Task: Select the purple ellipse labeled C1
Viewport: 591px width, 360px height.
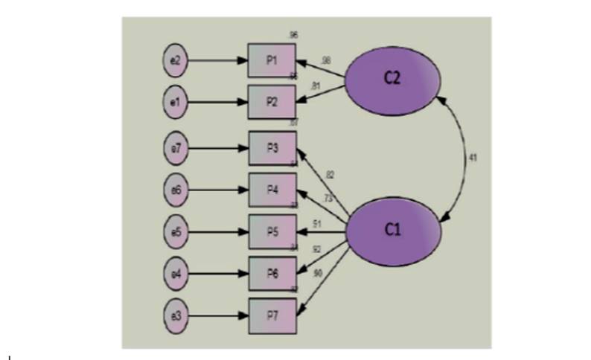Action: (394, 230)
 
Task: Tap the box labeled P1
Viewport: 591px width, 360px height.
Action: (272, 60)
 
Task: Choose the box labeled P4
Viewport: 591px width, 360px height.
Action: (272, 189)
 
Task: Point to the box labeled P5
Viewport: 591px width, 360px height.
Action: (272, 230)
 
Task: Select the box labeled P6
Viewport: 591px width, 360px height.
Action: (272, 272)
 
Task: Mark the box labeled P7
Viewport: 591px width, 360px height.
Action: (272, 315)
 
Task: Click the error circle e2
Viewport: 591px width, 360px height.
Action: (176, 60)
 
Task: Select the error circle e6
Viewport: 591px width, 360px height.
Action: (176, 189)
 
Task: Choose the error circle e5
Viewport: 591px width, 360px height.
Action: (176, 230)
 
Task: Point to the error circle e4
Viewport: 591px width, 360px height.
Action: (176, 272)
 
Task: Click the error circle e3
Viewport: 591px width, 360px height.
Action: (176, 315)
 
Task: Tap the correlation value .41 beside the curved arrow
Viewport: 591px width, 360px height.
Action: (473, 158)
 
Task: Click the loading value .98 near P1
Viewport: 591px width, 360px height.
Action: (326, 60)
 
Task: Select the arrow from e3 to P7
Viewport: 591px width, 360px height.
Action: (219, 315)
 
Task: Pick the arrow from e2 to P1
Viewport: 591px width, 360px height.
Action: (219, 60)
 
